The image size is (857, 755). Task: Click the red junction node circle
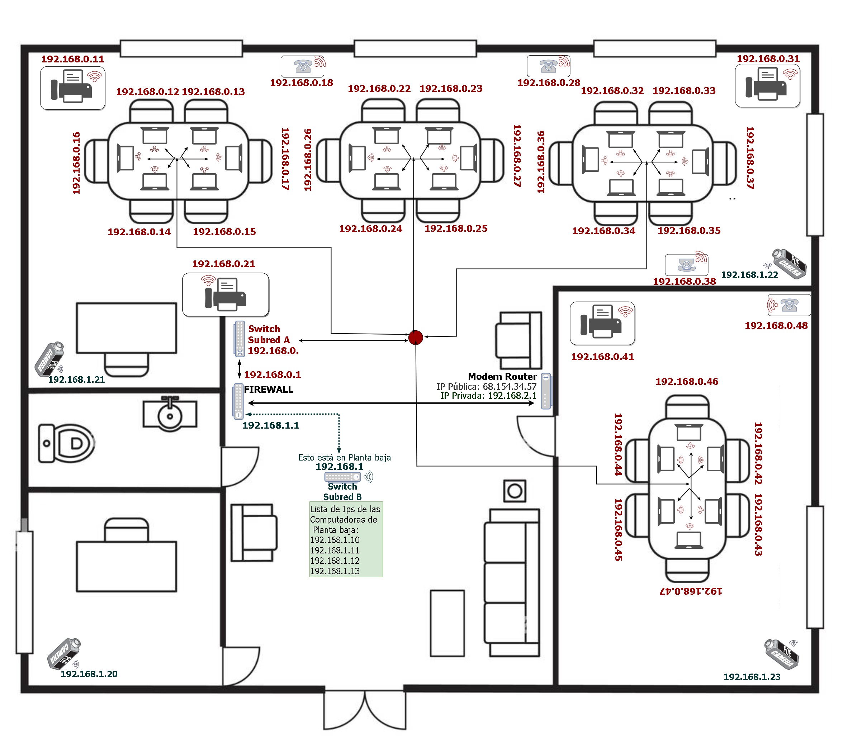tap(415, 337)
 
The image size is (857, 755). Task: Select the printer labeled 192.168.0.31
tap(767, 86)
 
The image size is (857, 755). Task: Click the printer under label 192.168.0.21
tap(226, 294)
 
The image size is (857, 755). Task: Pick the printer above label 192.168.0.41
tap(602, 323)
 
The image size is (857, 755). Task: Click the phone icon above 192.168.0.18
tap(303, 66)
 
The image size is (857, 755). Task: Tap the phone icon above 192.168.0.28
tap(548, 66)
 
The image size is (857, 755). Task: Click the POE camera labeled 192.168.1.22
tap(789, 263)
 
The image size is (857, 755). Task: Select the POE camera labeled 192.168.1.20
tap(64, 653)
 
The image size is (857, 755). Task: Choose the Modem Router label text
tap(502, 377)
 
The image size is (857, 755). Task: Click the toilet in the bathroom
tap(67, 443)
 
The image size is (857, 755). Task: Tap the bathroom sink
tap(170, 414)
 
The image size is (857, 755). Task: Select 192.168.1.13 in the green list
tap(335, 571)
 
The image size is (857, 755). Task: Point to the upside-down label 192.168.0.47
tap(691, 591)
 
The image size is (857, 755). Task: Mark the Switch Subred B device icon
tap(342, 477)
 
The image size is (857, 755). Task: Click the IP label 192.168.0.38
tap(684, 282)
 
